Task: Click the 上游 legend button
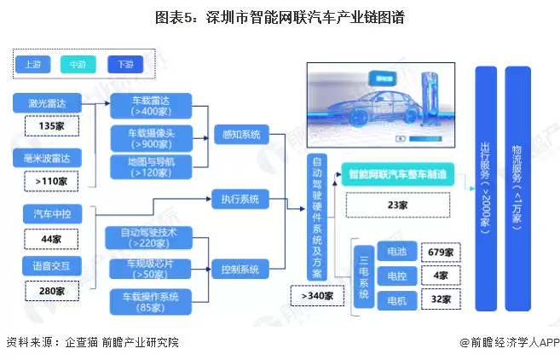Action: click(x=33, y=64)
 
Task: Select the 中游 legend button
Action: click(x=78, y=64)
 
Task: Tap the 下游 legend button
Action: click(x=125, y=64)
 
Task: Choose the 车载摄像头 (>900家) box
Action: click(x=151, y=137)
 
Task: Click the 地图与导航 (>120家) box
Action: click(x=151, y=166)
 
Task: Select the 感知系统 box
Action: click(x=240, y=135)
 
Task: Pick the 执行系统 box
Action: click(x=240, y=200)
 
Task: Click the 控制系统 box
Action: click(x=240, y=269)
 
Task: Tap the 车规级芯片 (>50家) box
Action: click(x=151, y=269)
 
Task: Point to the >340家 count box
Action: click(x=317, y=295)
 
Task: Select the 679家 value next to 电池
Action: click(x=436, y=253)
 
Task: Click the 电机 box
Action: click(x=395, y=299)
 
